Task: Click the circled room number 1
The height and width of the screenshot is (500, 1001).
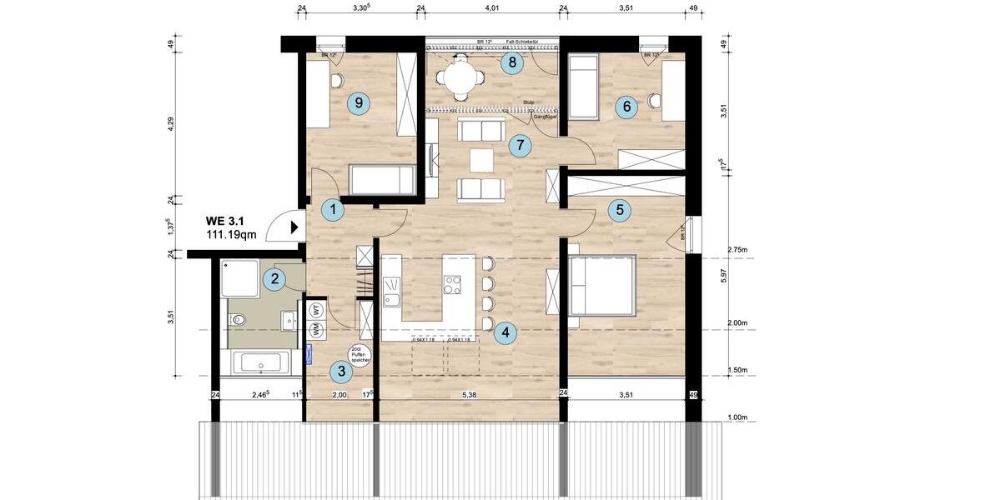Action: pyautogui.click(x=333, y=210)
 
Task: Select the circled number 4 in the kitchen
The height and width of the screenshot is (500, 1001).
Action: pyautogui.click(x=503, y=333)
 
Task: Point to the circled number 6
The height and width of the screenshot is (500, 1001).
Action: pyautogui.click(x=626, y=106)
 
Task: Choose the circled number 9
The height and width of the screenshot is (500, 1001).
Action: pyautogui.click(x=359, y=102)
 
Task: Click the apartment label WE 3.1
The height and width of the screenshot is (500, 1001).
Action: pyautogui.click(x=226, y=222)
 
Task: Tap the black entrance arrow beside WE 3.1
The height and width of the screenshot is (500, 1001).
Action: pyautogui.click(x=294, y=226)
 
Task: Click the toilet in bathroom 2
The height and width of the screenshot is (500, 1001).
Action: pyautogui.click(x=239, y=318)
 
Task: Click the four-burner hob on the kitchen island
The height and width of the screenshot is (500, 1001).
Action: pyautogui.click(x=453, y=285)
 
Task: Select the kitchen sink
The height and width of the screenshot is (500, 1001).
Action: pyautogui.click(x=392, y=292)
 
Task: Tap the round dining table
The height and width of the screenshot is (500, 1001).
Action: pyautogui.click(x=460, y=80)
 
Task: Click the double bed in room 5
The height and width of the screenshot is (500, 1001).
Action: pyautogui.click(x=602, y=285)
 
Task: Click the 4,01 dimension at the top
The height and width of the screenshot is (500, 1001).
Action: pyautogui.click(x=491, y=9)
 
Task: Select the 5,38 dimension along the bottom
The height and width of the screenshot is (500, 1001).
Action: pyautogui.click(x=471, y=395)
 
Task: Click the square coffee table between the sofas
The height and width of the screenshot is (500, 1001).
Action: pyautogui.click(x=481, y=159)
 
